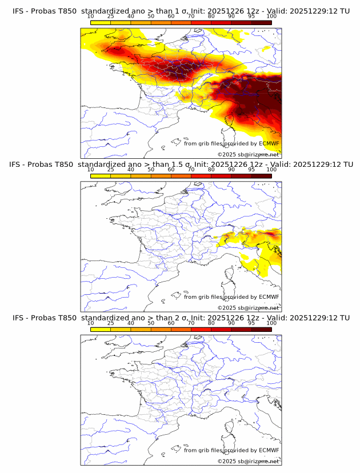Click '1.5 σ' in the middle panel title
coord(188,165)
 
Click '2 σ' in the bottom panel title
coord(186,318)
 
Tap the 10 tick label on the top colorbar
coord(91,17)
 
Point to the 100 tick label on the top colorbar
coord(271,17)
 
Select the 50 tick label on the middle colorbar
coord(151,170)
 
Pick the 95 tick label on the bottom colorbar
coord(251,323)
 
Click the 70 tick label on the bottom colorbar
coord(191,323)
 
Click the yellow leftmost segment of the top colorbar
coord(101,22)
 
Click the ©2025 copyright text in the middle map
coord(227,307)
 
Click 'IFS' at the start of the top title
coord(18,11)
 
